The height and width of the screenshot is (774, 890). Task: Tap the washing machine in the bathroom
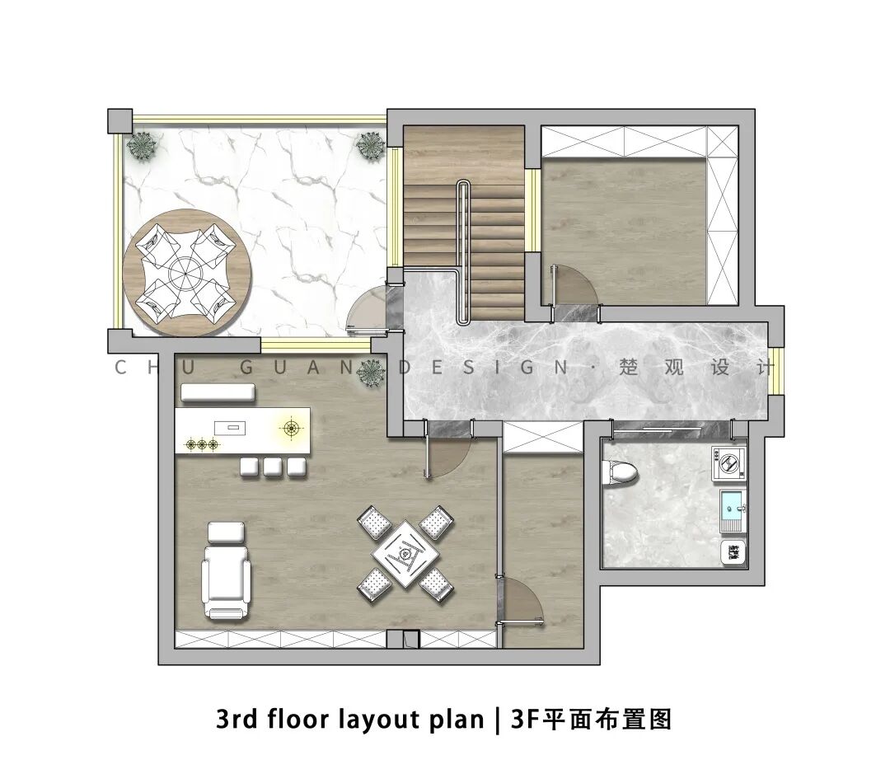(728, 462)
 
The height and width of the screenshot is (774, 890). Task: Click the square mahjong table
(405, 554)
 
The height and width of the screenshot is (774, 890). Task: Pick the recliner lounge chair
(227, 581)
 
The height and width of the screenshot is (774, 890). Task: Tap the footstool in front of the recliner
(227, 532)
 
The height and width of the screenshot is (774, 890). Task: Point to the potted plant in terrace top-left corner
(142, 146)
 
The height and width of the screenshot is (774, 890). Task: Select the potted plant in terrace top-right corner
(371, 146)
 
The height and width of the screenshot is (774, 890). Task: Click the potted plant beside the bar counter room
(371, 373)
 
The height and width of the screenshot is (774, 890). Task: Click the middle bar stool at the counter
(273, 467)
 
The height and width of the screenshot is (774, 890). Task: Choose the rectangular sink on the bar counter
(231, 427)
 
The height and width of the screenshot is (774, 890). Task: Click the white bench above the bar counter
(218, 392)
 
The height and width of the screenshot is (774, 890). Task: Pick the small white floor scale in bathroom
(733, 552)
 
